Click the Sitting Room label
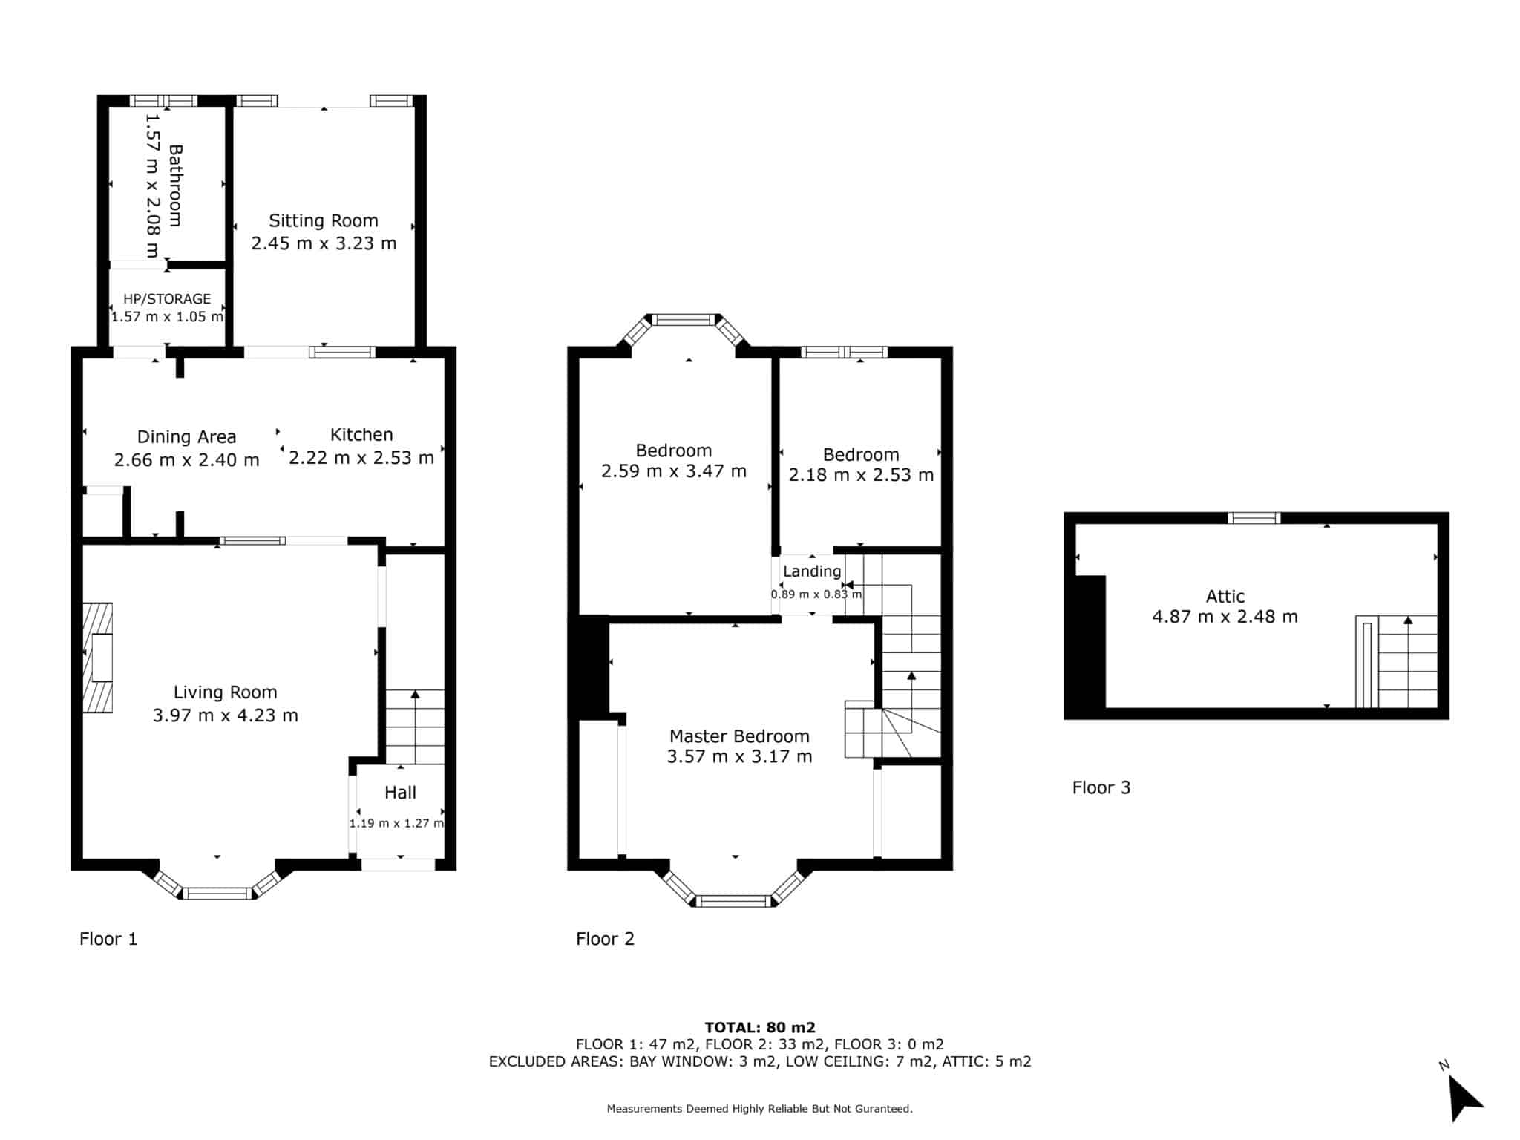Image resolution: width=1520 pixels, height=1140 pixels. [x=324, y=220]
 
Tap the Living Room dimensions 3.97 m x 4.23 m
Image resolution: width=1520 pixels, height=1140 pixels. [x=226, y=715]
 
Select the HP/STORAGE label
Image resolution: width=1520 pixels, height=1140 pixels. [x=167, y=299]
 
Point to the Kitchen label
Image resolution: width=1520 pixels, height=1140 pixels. [x=361, y=434]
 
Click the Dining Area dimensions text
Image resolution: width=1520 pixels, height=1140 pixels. [x=187, y=460]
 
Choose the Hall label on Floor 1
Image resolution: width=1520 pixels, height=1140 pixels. [x=400, y=793]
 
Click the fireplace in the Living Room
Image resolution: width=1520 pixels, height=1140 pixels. [x=97, y=658]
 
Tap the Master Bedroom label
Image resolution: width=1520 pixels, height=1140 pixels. [x=739, y=736]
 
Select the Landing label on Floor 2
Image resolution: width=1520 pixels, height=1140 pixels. [x=812, y=571]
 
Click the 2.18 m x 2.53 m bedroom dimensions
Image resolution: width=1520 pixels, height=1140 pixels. [x=861, y=475]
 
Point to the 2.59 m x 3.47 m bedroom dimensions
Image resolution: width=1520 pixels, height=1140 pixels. [x=674, y=471]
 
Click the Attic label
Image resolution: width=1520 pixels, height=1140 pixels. [x=1225, y=596]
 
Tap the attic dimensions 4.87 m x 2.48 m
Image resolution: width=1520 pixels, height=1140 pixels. [x=1225, y=617]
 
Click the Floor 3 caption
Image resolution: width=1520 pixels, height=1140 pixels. [x=1101, y=787]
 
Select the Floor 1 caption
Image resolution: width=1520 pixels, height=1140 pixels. [x=108, y=939]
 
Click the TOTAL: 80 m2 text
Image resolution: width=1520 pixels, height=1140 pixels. [x=760, y=1027]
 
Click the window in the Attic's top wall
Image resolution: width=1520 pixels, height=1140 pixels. [x=1254, y=518]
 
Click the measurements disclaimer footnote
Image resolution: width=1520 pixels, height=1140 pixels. [x=760, y=1109]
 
